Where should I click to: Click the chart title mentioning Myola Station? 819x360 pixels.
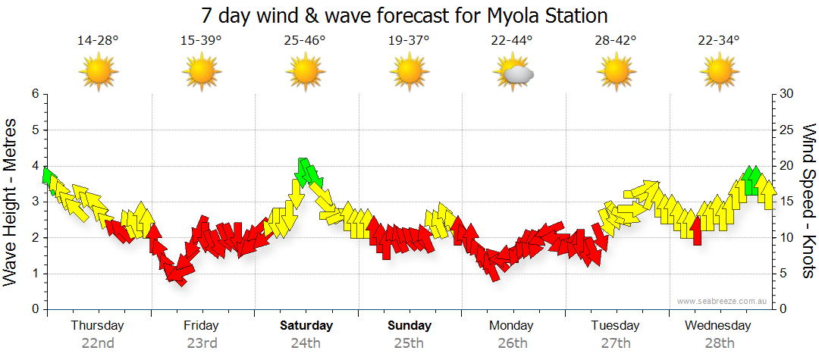click(405, 15)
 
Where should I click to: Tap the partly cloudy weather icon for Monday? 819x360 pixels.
click(513, 74)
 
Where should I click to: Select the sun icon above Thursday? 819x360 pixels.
click(98, 74)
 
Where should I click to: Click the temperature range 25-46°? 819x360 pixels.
click(305, 40)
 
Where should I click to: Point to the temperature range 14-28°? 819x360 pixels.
click(98, 40)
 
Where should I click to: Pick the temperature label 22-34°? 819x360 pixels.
click(719, 40)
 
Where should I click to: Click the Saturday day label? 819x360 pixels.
click(306, 326)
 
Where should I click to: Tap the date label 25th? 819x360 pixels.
click(409, 343)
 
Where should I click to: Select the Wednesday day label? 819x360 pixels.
click(717, 326)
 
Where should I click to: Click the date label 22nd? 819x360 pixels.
click(98, 343)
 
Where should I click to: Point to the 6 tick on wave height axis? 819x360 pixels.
click(34, 94)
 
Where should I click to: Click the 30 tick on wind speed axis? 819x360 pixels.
click(787, 94)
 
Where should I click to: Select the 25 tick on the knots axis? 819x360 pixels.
click(787, 130)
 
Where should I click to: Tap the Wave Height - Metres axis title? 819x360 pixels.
click(11, 201)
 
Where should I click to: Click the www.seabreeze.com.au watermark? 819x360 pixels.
click(723, 301)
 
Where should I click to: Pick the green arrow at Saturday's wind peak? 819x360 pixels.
click(307, 173)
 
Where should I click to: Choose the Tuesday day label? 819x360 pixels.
click(615, 326)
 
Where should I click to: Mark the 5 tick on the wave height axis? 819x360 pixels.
click(34, 130)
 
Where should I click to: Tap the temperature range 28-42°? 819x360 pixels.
click(615, 40)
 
